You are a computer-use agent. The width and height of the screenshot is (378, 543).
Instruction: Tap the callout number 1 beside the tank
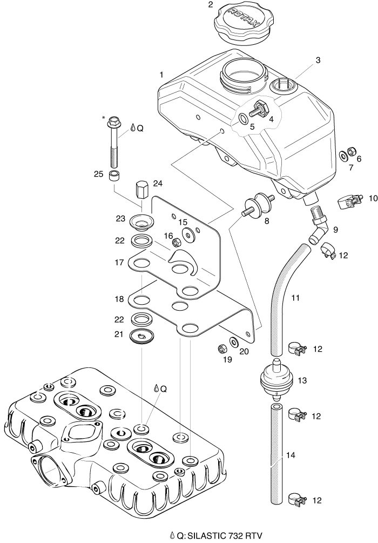161,74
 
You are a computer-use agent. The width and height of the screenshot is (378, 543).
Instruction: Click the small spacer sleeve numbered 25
114,176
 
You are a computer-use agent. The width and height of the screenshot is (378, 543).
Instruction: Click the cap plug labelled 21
141,336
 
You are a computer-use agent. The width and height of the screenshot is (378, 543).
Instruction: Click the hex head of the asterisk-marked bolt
114,119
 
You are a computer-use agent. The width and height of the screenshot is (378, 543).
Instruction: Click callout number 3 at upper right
318,60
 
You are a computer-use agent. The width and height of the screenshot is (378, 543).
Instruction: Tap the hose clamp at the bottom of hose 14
296,498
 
